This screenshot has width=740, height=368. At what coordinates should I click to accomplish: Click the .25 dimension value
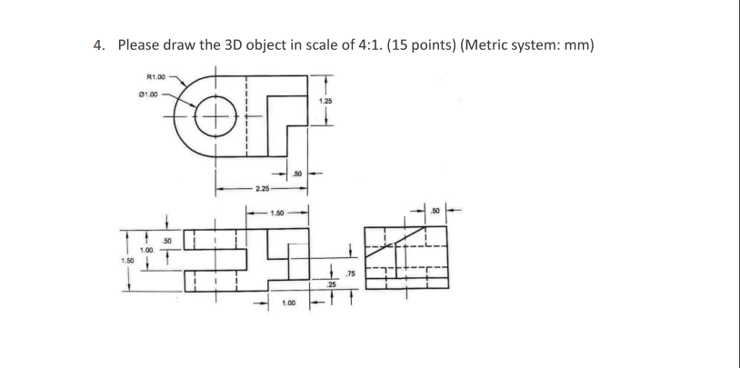(x=331, y=285)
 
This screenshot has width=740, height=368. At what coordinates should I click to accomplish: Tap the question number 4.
(x=100, y=45)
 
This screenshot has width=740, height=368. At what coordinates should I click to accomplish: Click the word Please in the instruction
(x=139, y=45)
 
